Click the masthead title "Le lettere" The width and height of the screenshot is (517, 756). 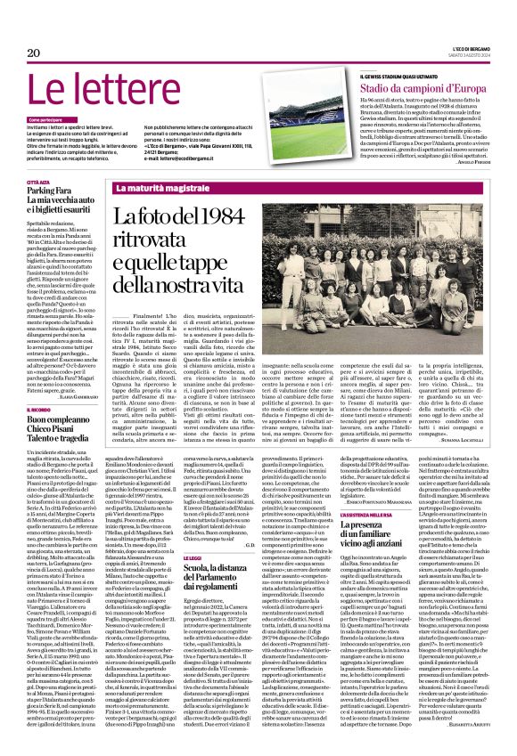click(x=100, y=90)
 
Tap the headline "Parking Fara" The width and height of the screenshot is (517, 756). click(x=50, y=191)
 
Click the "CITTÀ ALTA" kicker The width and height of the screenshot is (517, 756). click(x=38, y=181)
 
